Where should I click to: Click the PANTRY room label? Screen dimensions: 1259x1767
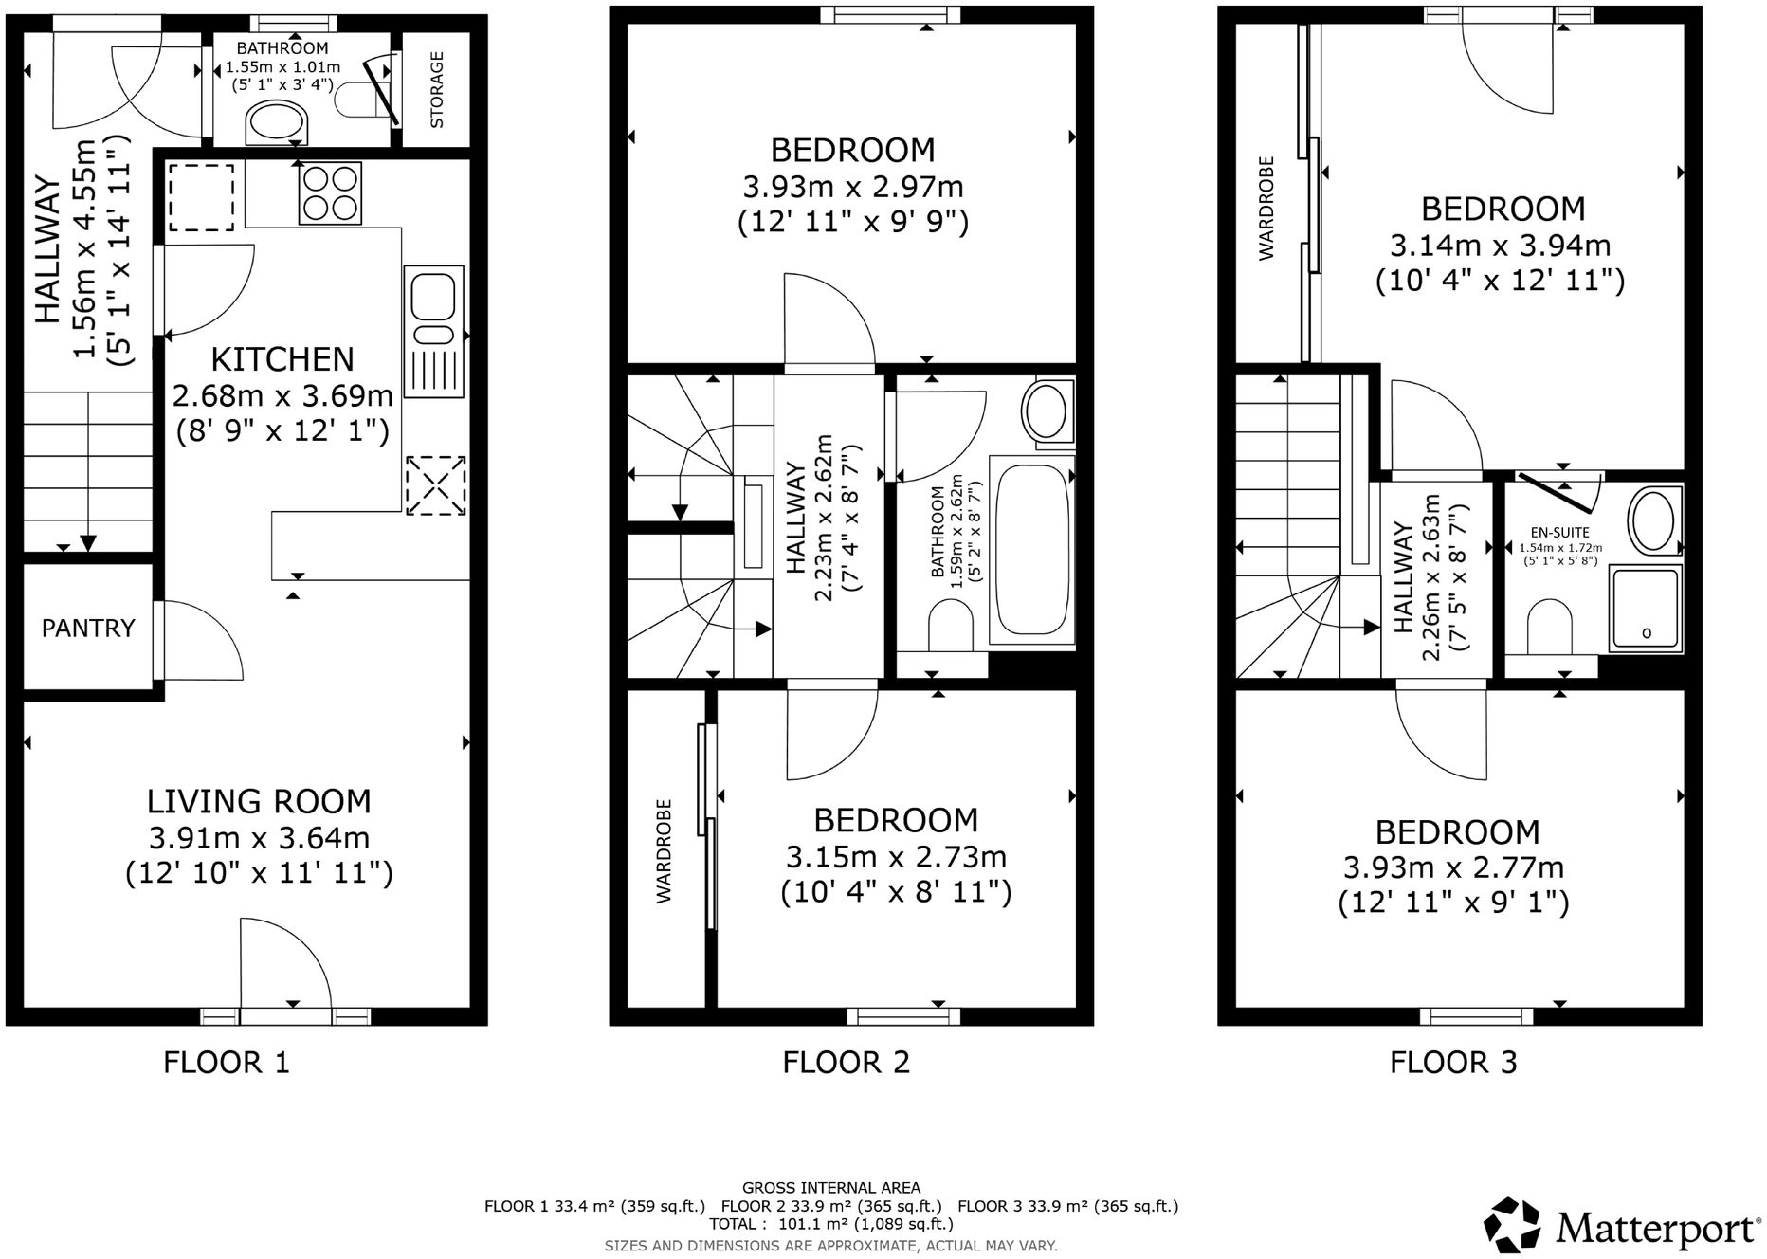coord(88,628)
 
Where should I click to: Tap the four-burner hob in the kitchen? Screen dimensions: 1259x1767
coord(330,193)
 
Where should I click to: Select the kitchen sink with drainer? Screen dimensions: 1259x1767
coord(433,331)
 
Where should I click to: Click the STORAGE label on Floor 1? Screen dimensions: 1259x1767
coord(437,90)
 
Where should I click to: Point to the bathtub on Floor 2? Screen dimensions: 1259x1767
coord(1031,550)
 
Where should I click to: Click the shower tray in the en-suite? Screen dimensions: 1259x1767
coord(1646,608)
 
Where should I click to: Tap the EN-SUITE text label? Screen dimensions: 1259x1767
coord(1559,533)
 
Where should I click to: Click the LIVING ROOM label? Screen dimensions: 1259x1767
coord(258,802)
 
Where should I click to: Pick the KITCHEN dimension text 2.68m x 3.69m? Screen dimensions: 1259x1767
coord(282,395)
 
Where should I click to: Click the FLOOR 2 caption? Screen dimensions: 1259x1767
coord(846,1062)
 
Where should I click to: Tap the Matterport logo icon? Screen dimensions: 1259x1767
coord(1513,1225)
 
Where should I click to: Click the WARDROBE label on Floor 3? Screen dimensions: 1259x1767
coord(1266,209)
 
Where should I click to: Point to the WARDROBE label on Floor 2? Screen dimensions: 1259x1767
coord(664,850)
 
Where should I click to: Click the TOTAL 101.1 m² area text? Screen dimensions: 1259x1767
coord(830,1224)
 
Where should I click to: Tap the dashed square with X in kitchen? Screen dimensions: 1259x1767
coord(436,486)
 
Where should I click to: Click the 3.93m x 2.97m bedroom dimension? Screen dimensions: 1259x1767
coord(852,187)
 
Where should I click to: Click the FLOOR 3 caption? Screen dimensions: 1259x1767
coord(1453,1062)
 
